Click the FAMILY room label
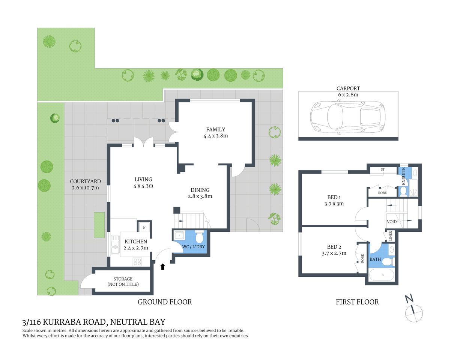click(215, 129)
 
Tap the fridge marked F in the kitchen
click(144, 227)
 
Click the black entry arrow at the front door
click(163, 267)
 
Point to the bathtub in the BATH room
click(382, 275)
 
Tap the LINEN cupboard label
click(391, 236)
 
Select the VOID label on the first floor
click(392, 222)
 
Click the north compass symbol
click(413, 312)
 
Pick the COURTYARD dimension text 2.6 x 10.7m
click(86, 187)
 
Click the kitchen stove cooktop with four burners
click(137, 261)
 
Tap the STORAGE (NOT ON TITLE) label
click(123, 282)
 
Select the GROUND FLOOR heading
click(165, 302)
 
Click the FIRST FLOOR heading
click(357, 302)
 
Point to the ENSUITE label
click(404, 176)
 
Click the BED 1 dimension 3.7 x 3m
click(334, 204)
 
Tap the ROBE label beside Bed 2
click(362, 258)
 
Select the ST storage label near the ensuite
click(383, 169)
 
